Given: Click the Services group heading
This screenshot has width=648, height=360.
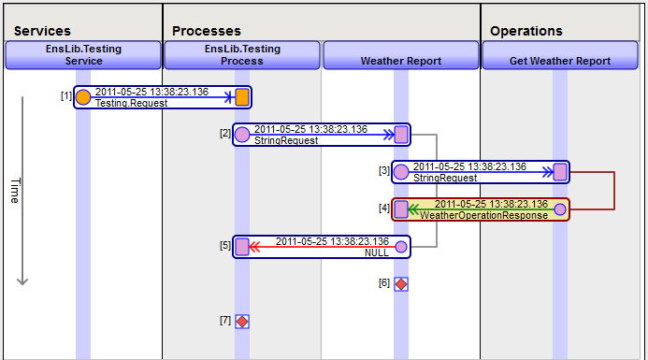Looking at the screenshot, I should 43,31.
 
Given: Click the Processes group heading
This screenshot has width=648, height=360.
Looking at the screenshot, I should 206,31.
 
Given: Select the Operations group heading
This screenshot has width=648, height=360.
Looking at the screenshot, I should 526,31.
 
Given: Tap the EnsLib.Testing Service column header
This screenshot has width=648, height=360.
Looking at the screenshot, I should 83,54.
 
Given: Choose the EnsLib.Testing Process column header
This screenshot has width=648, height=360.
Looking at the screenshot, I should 242,54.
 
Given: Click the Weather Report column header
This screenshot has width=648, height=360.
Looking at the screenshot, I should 401,61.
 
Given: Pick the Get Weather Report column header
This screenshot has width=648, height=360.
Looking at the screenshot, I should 560,61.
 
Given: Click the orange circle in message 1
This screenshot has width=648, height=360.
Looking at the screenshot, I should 83,96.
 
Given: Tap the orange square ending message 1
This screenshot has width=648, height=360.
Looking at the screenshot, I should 242,96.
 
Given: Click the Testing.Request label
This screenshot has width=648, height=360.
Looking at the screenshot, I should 132,103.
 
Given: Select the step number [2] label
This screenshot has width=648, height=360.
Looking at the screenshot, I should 224,133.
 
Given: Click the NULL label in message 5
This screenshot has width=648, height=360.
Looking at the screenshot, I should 377,252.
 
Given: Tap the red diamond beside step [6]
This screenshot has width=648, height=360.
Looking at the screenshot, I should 401,283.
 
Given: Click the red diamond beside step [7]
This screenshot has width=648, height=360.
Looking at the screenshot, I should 242,321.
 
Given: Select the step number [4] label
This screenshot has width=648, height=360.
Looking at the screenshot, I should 383,208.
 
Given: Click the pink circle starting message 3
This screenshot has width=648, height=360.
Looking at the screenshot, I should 401,171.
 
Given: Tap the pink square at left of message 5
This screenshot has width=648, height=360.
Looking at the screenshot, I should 242,246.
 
